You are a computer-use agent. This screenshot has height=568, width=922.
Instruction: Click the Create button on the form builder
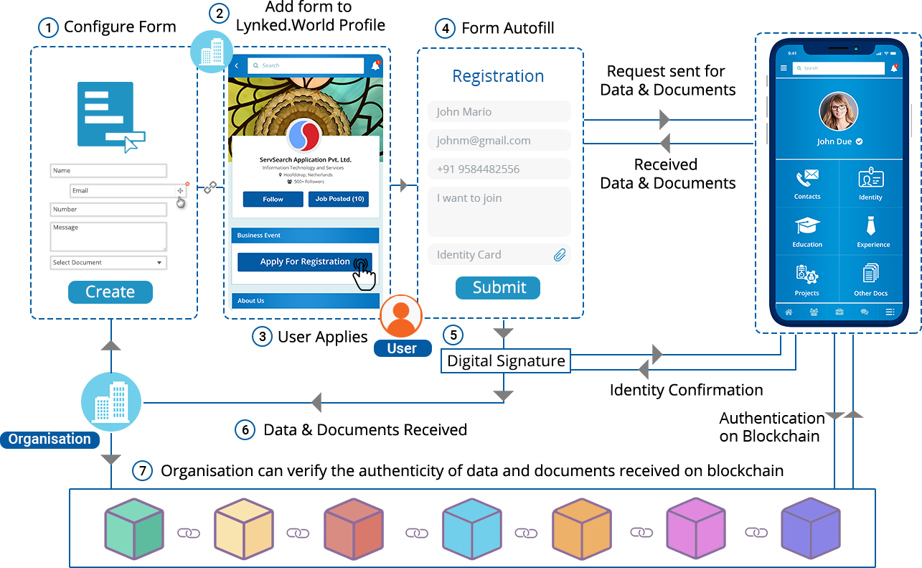click(110, 292)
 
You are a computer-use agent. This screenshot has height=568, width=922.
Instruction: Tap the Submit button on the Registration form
click(498, 288)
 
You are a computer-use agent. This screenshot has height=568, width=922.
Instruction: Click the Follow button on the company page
click(273, 200)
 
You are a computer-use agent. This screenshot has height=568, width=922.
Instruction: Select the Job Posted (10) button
click(339, 199)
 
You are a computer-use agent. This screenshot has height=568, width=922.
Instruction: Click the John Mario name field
click(499, 112)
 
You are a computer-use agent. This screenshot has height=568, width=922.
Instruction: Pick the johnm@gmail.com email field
click(499, 141)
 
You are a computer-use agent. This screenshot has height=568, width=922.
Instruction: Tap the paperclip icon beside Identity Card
click(560, 255)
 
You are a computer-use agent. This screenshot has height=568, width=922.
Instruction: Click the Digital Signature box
click(506, 361)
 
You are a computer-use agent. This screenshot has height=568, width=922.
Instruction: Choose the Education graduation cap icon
click(807, 226)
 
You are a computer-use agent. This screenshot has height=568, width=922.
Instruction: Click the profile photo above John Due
click(839, 111)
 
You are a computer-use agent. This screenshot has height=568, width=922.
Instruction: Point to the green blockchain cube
click(134, 529)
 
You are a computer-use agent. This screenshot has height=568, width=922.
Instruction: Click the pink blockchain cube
click(695, 529)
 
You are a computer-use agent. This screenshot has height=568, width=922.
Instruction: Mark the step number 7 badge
click(143, 471)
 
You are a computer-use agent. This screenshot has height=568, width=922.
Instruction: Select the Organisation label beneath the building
click(50, 439)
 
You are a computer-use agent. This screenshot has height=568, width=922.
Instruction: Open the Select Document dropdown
click(108, 263)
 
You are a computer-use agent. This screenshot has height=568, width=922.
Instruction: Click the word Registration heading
click(498, 76)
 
